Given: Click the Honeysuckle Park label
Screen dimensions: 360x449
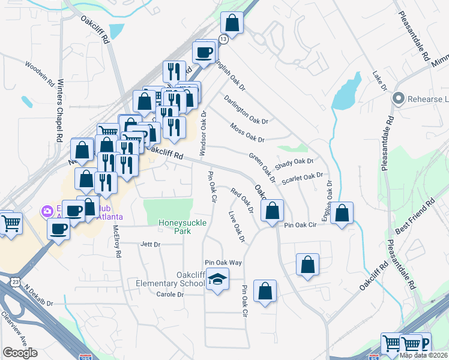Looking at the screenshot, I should [x=177, y=226].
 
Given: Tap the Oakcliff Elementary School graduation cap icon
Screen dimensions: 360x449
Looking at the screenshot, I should [x=217, y=279].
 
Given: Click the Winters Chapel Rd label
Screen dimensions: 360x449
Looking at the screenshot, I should [x=59, y=119].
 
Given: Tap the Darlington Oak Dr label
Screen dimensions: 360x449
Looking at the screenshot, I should [x=246, y=109].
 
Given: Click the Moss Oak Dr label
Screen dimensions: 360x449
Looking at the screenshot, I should [x=247, y=133].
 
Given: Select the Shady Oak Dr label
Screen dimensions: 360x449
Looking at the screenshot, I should [x=294, y=162].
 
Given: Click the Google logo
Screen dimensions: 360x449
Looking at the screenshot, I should [x=20, y=353].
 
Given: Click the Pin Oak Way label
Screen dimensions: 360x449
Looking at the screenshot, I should [x=223, y=263].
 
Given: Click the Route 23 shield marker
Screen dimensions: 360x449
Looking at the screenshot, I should [x=14, y=281].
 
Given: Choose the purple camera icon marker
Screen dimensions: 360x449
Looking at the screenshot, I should [x=47, y=211].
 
